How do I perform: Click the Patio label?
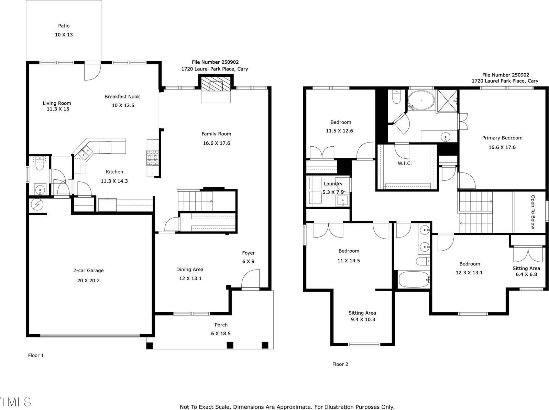(64, 26)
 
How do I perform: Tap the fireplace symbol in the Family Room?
(216, 84)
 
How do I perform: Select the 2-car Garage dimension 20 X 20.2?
(88, 281)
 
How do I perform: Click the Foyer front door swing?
(250, 279)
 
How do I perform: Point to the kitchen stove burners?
(153, 157)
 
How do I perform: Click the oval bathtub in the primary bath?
(421, 100)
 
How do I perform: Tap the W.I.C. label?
(405, 163)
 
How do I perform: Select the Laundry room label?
(333, 184)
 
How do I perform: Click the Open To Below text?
(532, 212)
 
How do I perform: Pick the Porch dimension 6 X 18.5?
(221, 333)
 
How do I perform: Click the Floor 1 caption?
(36, 355)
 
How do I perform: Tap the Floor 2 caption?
(340, 364)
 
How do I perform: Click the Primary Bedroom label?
(502, 138)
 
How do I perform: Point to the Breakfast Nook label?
(122, 97)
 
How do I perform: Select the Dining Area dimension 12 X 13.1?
(190, 278)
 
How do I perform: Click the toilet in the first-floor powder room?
(40, 165)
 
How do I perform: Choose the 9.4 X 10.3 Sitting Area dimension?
(362, 319)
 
